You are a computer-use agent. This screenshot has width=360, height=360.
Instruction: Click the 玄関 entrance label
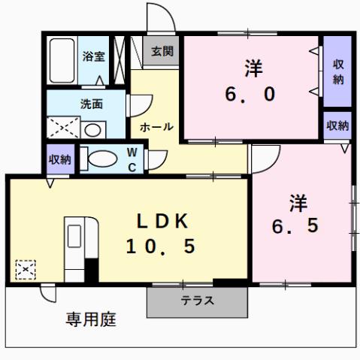[161, 52]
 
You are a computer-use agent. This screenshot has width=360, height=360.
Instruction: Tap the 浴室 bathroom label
[94, 56]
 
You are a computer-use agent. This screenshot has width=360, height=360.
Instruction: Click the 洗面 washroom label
[92, 104]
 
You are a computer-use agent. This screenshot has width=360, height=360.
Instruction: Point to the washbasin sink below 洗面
[92, 129]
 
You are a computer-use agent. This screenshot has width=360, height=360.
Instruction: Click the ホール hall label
[157, 126]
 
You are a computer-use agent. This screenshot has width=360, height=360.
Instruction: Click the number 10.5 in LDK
[160, 246]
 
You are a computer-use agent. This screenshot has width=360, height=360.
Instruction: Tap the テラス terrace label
[197, 301]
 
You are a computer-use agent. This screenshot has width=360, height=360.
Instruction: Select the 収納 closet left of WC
[60, 159]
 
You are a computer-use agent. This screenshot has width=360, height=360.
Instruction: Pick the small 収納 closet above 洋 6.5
[337, 126]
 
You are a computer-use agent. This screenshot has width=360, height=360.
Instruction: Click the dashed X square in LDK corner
[25, 268]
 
